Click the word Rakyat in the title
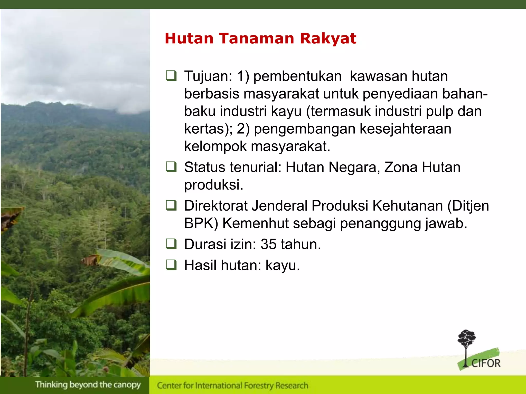click(x=328, y=39)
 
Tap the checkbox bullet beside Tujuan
click(x=171, y=76)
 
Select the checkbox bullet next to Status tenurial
click(x=171, y=167)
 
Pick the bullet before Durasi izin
click(x=171, y=244)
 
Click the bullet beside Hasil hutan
click(x=171, y=265)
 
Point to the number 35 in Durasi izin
click(x=268, y=244)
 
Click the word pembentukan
click(x=297, y=76)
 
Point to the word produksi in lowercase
click(x=213, y=185)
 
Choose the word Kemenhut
click(x=255, y=223)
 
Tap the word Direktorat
click(x=216, y=206)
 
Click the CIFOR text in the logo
click(x=486, y=364)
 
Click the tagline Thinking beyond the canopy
click(x=88, y=385)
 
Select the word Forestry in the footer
click(x=259, y=386)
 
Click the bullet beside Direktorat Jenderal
click(x=171, y=205)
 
